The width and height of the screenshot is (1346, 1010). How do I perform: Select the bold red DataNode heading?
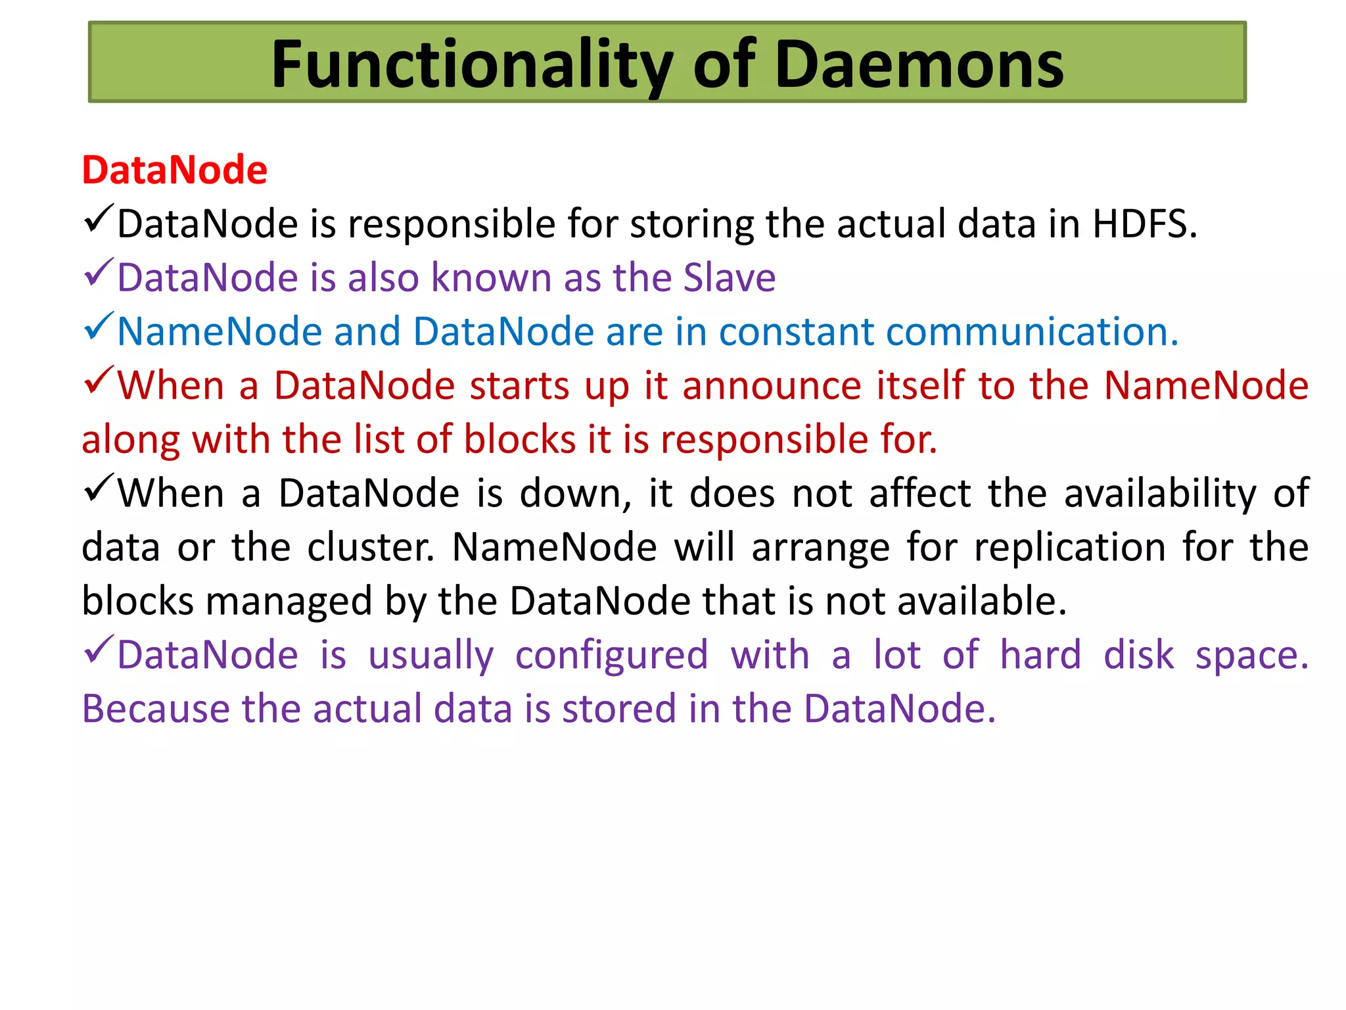click(x=174, y=170)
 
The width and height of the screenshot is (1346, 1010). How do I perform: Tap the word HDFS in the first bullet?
click(x=1144, y=224)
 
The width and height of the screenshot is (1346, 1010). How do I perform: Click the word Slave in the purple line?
click(x=729, y=277)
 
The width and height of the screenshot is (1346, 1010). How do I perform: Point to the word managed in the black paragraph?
click(x=289, y=601)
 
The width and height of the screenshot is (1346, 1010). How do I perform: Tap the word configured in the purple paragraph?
click(x=611, y=655)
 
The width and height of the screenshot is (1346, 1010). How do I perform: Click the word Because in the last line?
click(x=154, y=709)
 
